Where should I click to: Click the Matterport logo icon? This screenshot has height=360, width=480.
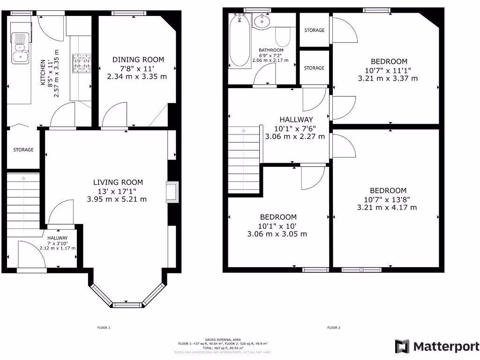pos(402,346)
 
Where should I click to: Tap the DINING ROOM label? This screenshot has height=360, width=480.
pos(138,60)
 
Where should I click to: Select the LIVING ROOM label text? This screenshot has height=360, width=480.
pos(118,182)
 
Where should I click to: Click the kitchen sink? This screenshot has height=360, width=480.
pos(20,47)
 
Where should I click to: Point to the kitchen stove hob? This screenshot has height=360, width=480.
pos(81,64)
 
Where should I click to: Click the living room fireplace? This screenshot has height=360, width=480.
pos(172,192)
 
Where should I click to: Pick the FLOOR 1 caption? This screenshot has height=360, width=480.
pos(103,328)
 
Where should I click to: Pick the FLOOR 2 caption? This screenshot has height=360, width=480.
pos(333,328)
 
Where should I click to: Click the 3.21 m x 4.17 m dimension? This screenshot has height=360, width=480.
pos(387,207)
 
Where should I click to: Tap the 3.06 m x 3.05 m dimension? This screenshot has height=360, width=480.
pos(277,234)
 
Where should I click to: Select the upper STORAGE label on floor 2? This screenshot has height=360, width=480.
pos(314,30)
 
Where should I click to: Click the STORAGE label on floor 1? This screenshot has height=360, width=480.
pos(23,150)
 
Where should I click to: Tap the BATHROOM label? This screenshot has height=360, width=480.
pos(271,50)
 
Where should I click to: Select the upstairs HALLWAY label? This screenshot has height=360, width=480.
pos(296,120)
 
